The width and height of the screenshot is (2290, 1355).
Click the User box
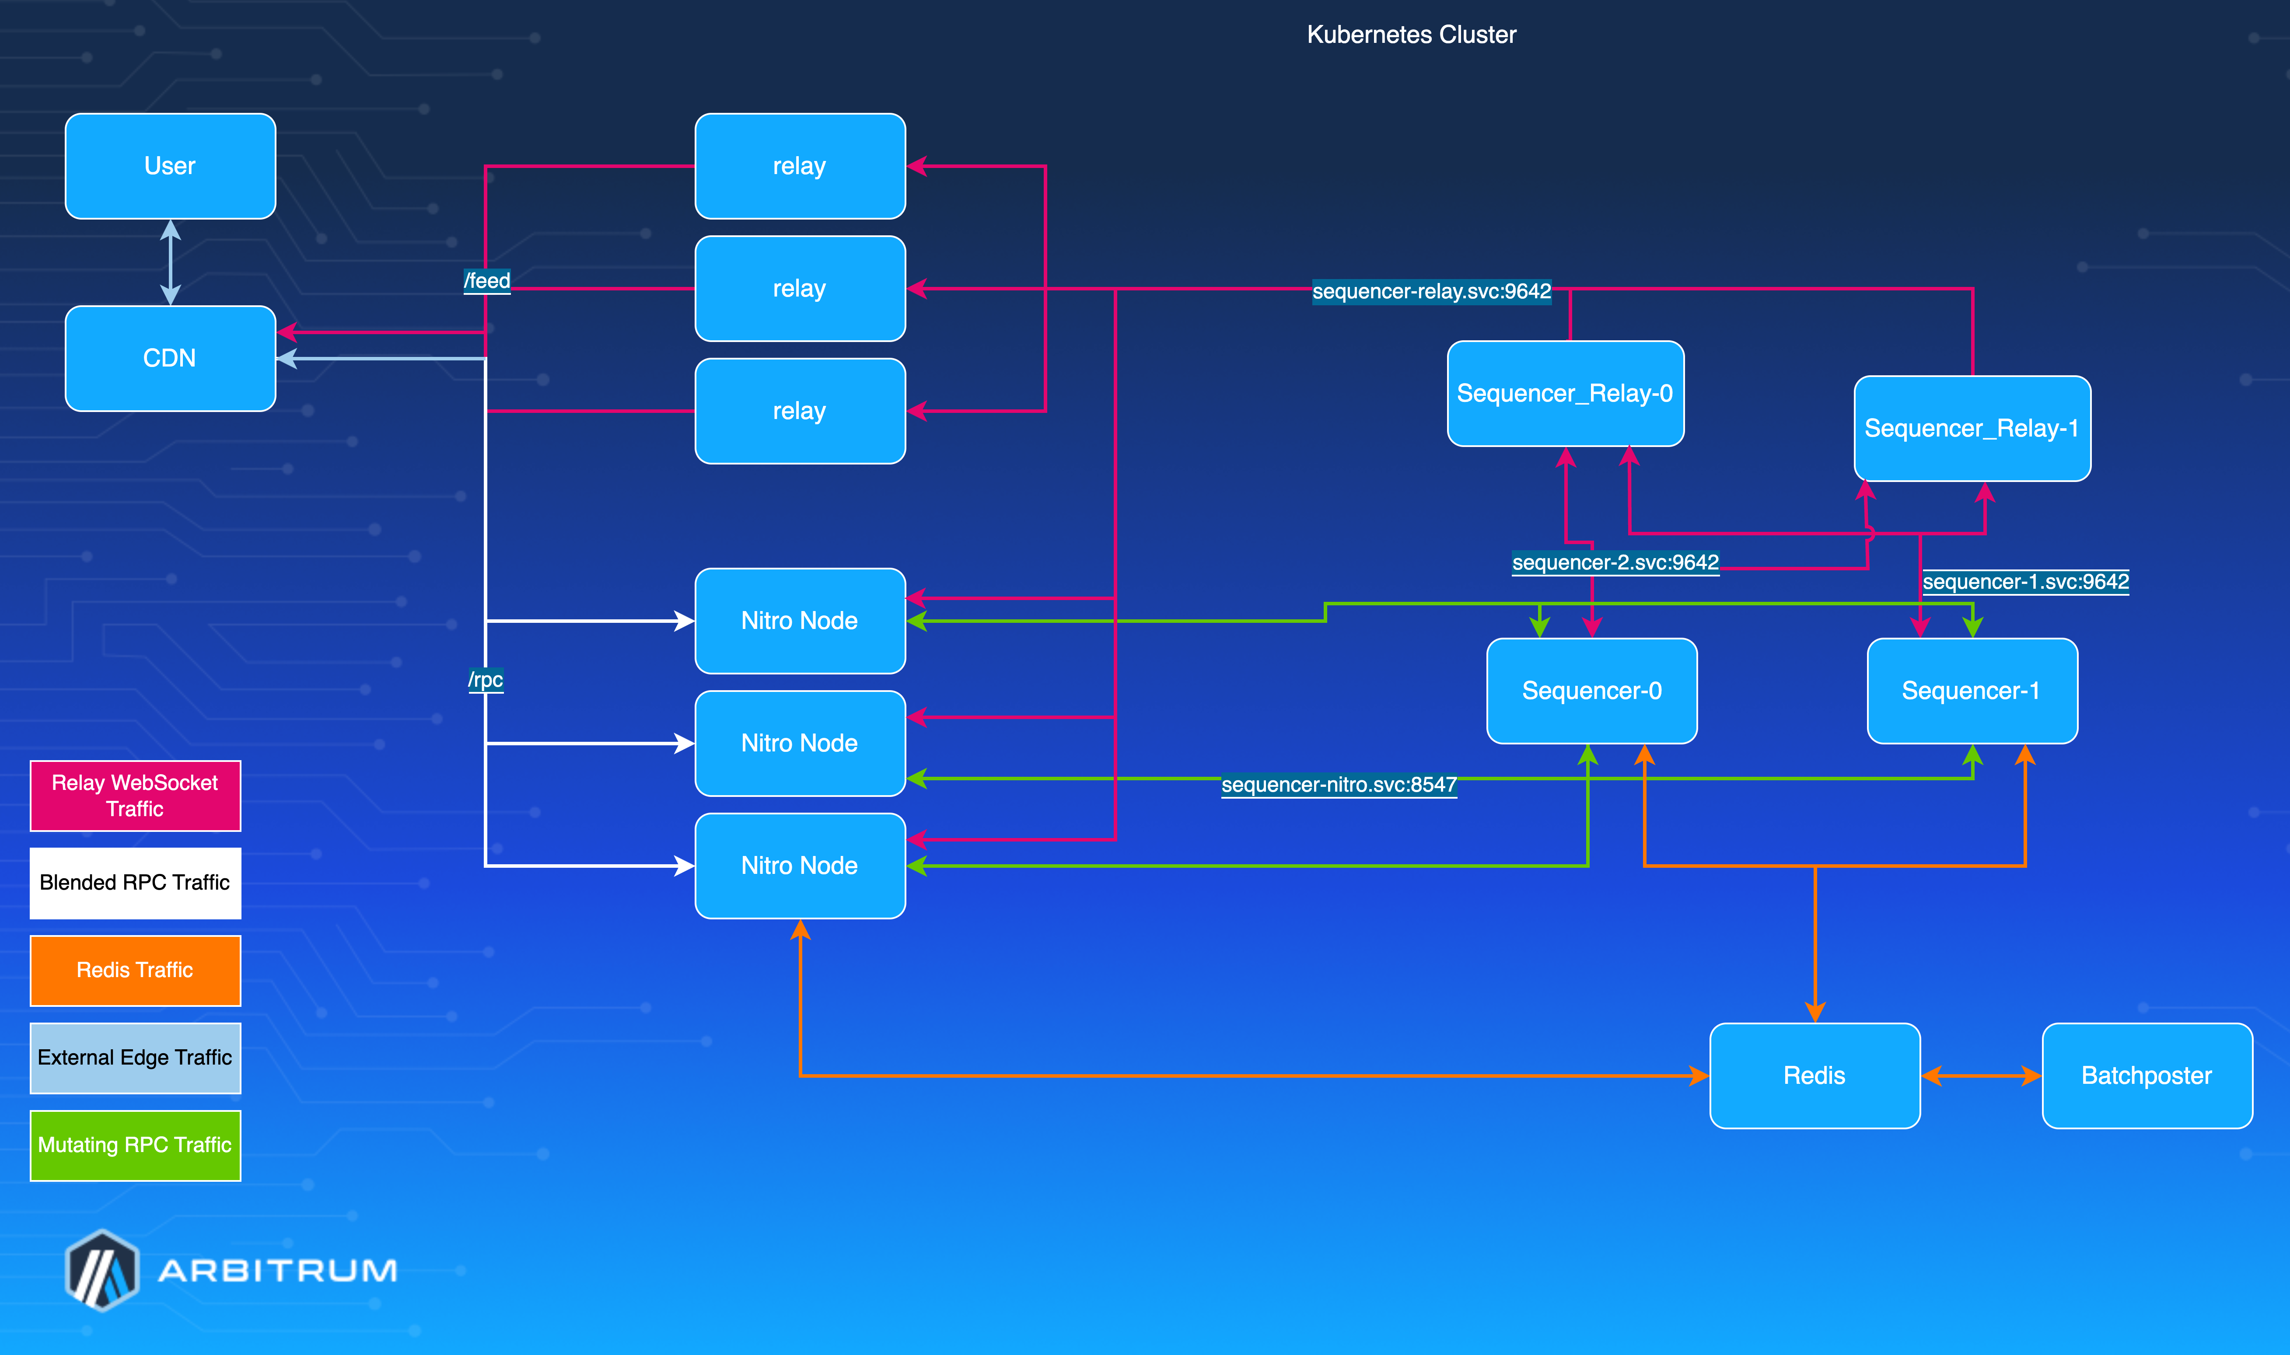[170, 166]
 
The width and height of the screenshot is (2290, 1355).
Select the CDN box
[170, 358]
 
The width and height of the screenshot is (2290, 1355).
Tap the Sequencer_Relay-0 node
[1565, 394]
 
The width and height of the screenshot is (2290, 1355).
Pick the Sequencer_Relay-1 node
[1972, 428]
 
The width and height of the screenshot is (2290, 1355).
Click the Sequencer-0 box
[1591, 690]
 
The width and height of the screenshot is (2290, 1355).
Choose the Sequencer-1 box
[1972, 690]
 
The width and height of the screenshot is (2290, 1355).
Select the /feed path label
[487, 280]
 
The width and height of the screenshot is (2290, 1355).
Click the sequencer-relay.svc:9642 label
[1431, 291]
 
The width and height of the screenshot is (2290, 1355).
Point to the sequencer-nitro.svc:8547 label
[1339, 784]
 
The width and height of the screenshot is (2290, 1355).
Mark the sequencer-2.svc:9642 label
[1614, 562]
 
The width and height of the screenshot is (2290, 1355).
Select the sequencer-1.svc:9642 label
[2025, 582]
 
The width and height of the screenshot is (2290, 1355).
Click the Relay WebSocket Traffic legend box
[135, 795]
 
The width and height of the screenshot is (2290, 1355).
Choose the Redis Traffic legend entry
[135, 970]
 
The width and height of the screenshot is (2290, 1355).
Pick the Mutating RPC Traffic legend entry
[135, 1145]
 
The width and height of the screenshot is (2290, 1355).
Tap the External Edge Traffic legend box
[135, 1057]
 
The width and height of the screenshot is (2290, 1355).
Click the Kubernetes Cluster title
[1411, 35]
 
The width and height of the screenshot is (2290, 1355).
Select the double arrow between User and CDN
[170, 262]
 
